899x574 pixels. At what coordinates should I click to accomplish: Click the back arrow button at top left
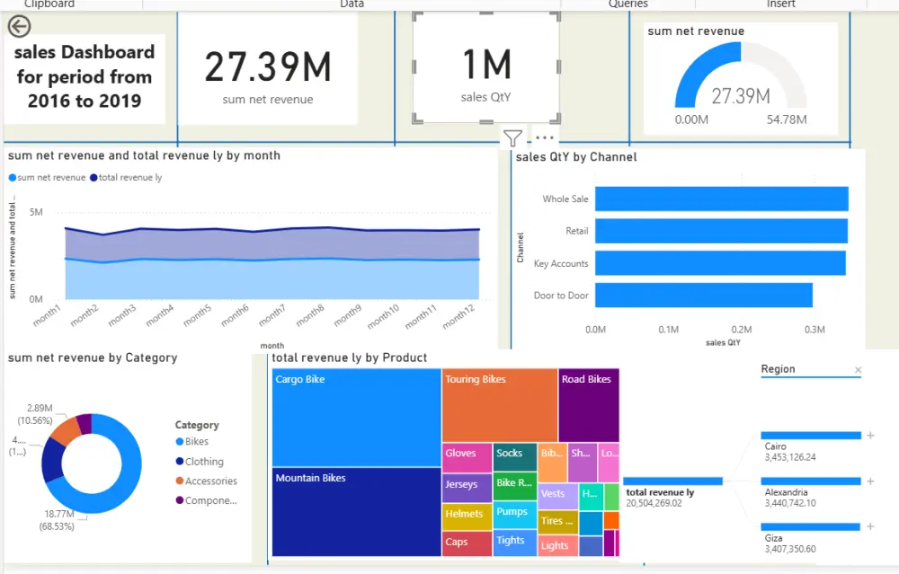(19, 26)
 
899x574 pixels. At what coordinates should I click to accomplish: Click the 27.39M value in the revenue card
(268, 67)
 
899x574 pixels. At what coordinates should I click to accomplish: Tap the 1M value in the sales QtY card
(486, 65)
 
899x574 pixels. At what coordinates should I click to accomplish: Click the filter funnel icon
(512, 138)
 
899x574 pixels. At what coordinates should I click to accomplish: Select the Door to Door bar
(703, 296)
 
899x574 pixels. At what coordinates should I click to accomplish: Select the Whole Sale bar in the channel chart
(721, 199)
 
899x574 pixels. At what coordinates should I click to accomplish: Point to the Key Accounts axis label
(560, 264)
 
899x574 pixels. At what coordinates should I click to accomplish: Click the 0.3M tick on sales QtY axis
(814, 330)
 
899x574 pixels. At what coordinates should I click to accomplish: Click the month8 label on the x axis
(310, 315)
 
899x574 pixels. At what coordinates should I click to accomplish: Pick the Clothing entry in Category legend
(204, 462)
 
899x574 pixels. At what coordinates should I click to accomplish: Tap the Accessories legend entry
(210, 481)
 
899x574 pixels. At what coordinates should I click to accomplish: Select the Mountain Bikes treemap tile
(356, 512)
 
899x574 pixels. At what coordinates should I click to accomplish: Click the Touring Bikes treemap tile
(499, 404)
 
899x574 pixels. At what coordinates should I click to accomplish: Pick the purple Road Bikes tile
(588, 404)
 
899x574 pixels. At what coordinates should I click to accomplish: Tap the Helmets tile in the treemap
(466, 515)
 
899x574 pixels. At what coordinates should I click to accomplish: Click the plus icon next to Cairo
(870, 436)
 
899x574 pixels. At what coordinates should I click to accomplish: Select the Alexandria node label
(786, 493)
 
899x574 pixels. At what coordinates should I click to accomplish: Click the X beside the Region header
(858, 370)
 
